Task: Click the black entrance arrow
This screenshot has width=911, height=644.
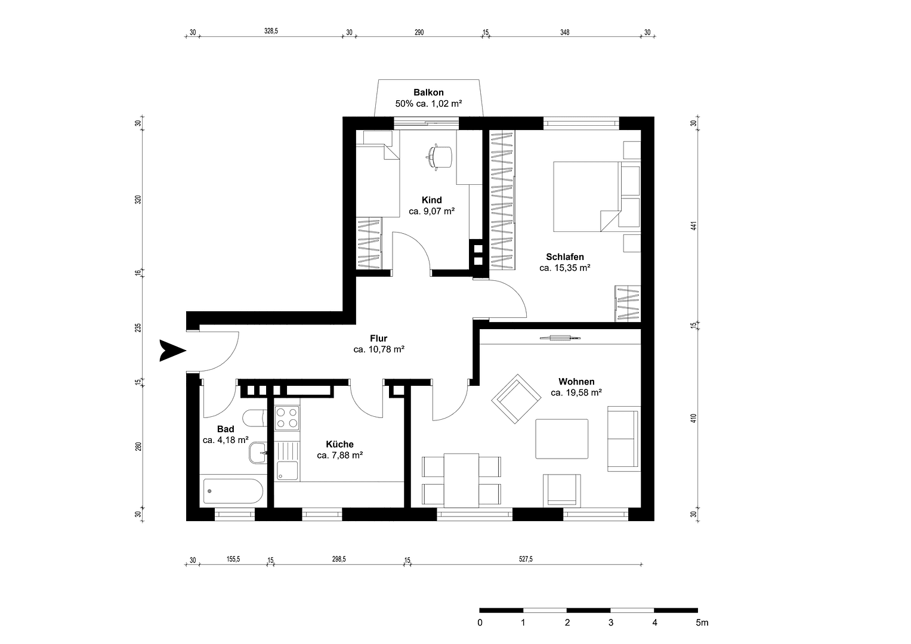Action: pos(172,350)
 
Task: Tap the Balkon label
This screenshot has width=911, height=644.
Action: pos(428,92)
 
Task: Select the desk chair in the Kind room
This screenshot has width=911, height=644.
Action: pos(440,156)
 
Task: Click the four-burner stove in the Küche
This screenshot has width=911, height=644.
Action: pos(287,417)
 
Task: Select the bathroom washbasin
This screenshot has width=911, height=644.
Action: pos(258,453)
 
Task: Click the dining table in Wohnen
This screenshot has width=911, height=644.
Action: pos(461,479)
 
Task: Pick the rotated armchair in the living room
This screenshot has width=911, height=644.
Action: pos(515,398)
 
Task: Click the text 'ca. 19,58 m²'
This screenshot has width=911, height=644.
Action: pos(576,393)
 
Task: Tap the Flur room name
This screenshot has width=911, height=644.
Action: pos(378,338)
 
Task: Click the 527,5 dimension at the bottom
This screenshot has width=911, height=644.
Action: pos(526,559)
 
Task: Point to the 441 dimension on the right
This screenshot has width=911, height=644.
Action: pos(693,226)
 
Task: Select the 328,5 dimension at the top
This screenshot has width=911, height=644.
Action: pos(271,32)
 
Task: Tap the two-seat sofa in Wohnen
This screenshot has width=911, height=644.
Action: pos(623,438)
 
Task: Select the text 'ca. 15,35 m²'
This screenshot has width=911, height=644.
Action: pos(564,268)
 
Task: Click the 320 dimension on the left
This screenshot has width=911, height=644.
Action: pos(138,200)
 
